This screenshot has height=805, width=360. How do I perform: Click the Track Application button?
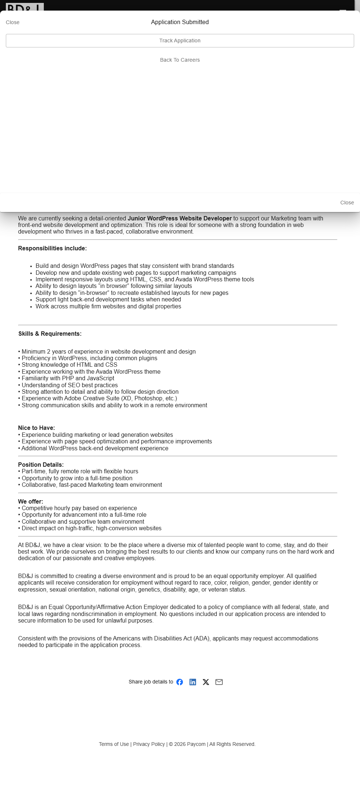click(180, 41)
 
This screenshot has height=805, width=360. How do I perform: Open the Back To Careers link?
click(180, 60)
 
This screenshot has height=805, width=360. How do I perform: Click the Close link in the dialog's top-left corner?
click(13, 22)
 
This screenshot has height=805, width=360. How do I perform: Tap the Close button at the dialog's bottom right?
click(347, 203)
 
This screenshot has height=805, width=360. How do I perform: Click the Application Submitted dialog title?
click(180, 22)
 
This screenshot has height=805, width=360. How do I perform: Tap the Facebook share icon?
click(180, 682)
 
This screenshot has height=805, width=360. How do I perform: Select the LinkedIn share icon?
click(193, 682)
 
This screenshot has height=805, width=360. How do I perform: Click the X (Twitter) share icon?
click(206, 682)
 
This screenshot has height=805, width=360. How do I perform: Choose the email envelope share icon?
click(219, 682)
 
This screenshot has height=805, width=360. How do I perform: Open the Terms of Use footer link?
click(114, 744)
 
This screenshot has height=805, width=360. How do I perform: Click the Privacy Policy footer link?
click(149, 744)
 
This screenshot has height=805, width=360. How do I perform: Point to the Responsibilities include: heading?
click(53, 249)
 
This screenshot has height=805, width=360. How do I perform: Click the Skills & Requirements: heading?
click(50, 334)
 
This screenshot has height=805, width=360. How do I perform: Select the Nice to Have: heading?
click(37, 428)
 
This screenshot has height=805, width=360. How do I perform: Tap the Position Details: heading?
click(41, 465)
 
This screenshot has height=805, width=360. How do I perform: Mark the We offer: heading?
click(31, 502)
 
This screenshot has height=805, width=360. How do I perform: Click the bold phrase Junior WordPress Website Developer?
click(180, 219)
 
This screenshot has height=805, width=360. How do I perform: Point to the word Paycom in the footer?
click(196, 744)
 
